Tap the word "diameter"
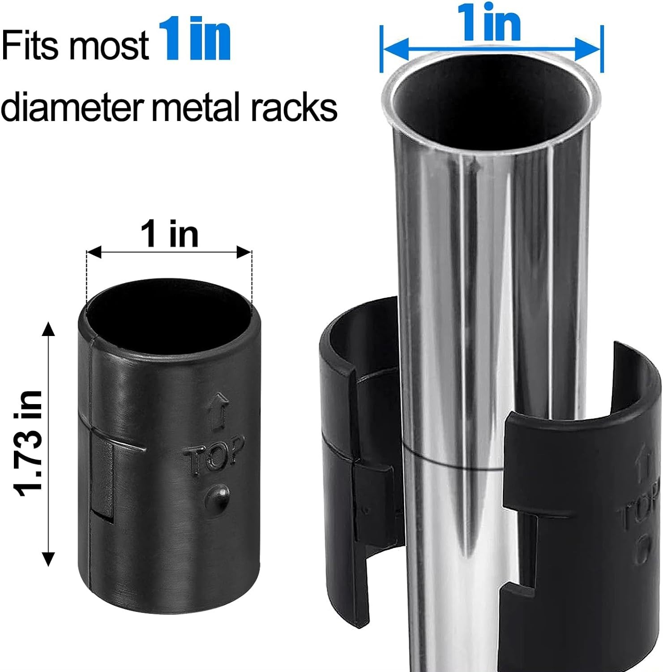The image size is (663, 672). [x=72, y=107]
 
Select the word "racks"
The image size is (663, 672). [x=293, y=107]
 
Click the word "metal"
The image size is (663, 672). [x=197, y=107]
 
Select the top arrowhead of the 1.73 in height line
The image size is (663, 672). [x=48, y=329]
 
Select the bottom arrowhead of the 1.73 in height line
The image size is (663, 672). [x=48, y=559]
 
